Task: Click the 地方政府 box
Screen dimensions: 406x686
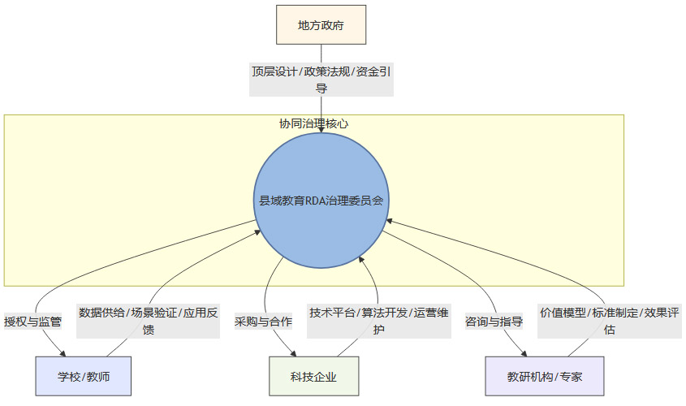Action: pyautogui.click(x=321, y=25)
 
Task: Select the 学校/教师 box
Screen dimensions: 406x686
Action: pyautogui.click(x=83, y=377)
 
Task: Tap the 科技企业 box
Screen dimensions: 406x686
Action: pyautogui.click(x=313, y=377)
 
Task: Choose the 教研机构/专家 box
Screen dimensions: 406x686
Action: pyautogui.click(x=545, y=377)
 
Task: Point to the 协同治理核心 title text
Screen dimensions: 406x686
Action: pyautogui.click(x=314, y=123)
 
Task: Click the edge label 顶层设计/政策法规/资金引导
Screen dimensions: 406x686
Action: pyautogui.click(x=321, y=80)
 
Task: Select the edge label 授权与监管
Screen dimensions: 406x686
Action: pyautogui.click(x=32, y=321)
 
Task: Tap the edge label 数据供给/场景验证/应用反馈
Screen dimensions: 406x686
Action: pyautogui.click(x=149, y=321)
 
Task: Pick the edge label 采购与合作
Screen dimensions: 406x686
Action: pyautogui.click(x=263, y=321)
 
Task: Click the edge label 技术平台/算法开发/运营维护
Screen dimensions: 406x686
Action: pyautogui.click(x=378, y=321)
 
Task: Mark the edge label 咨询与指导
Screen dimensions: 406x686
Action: pyautogui.click(x=494, y=321)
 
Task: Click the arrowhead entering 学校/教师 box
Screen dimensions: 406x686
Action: pyautogui.click(x=64, y=354)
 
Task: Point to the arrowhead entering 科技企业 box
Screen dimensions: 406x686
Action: pyautogui.click(x=295, y=354)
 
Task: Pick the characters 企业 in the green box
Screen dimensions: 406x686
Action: pyautogui.click(x=325, y=377)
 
